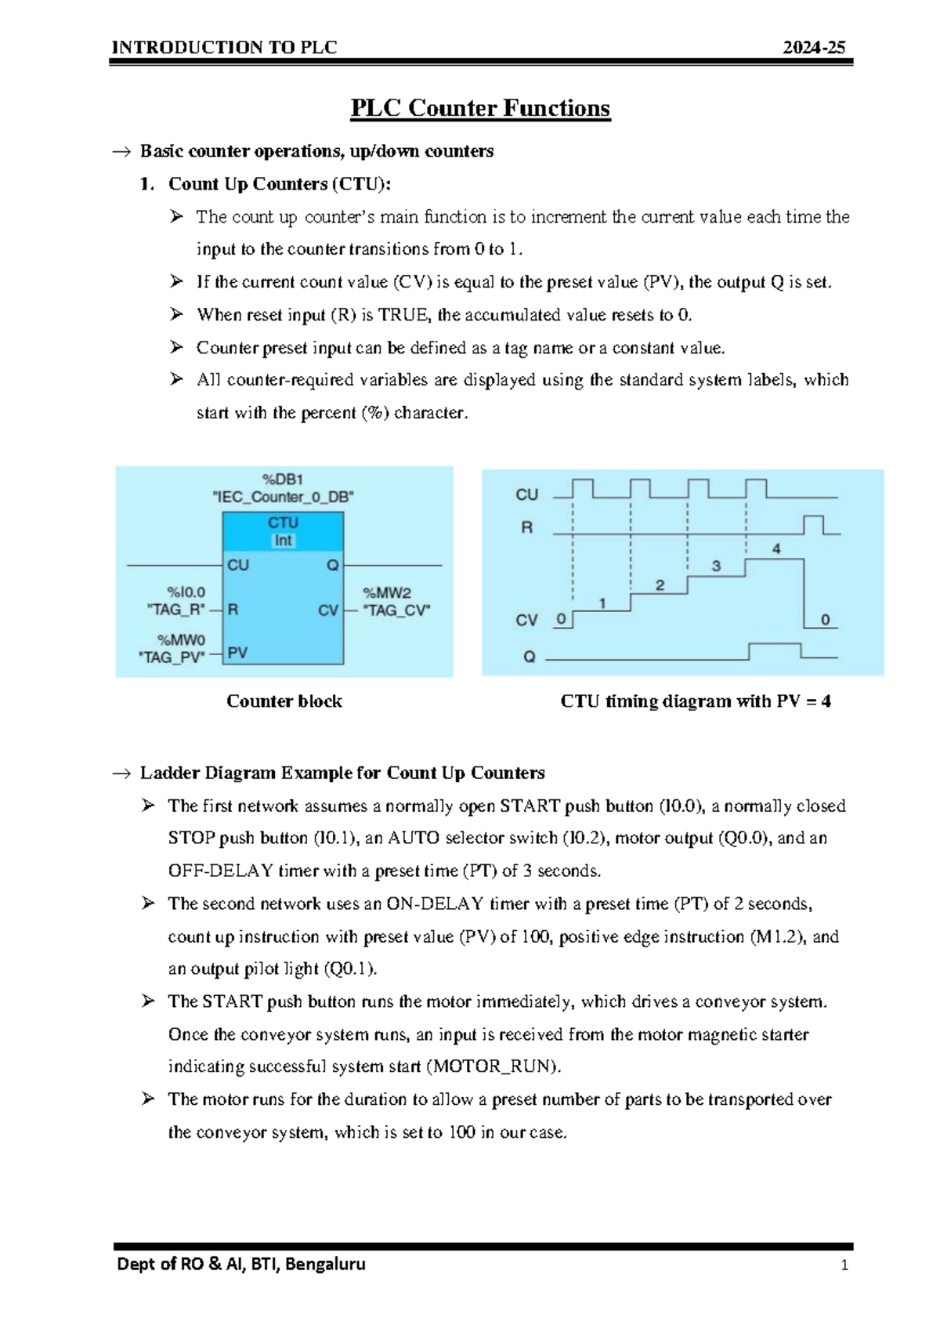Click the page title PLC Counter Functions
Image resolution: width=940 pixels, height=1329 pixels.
tap(479, 108)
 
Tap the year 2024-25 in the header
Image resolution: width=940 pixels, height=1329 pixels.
tap(814, 48)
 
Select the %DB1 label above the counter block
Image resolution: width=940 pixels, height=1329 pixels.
tap(283, 479)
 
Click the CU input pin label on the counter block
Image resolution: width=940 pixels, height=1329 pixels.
tap(238, 565)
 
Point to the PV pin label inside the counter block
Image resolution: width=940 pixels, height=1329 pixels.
tap(237, 653)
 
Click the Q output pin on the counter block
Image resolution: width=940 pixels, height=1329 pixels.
tap(333, 565)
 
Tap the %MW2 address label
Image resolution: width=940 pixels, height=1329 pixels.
tap(387, 592)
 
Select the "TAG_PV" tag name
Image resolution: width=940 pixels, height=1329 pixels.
tap(172, 657)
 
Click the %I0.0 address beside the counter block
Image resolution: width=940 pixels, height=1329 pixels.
tap(186, 592)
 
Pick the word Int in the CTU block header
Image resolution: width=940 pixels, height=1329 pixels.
tap(283, 541)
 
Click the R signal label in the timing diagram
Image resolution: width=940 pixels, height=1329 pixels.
tap(526, 527)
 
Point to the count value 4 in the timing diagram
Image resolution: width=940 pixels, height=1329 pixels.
tap(776, 549)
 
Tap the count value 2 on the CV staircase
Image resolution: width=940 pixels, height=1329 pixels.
tap(660, 585)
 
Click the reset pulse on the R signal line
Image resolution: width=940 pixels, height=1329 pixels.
tap(813, 525)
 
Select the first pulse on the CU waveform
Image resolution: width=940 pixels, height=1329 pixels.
tap(583, 488)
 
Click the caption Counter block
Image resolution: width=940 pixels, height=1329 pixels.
tap(284, 701)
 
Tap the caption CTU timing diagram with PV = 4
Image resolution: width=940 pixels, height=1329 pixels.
tap(696, 701)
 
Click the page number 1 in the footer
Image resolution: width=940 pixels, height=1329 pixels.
tap(844, 1265)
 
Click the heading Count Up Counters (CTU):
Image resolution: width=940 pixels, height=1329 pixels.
tap(280, 184)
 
